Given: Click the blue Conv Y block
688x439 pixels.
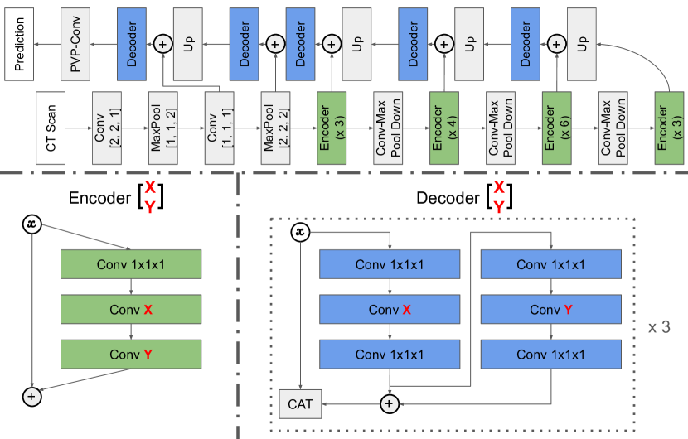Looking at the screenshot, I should [551, 310].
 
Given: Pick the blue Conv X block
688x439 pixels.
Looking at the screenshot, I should [389, 310].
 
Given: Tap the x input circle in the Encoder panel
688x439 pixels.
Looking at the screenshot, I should [31, 224].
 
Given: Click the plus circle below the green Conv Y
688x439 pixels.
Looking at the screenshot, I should [31, 397].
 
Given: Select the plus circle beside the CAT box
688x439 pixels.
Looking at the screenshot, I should [389, 403].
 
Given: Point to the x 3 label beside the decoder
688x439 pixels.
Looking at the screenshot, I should [658, 327].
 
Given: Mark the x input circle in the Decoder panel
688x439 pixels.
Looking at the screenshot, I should [301, 233].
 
